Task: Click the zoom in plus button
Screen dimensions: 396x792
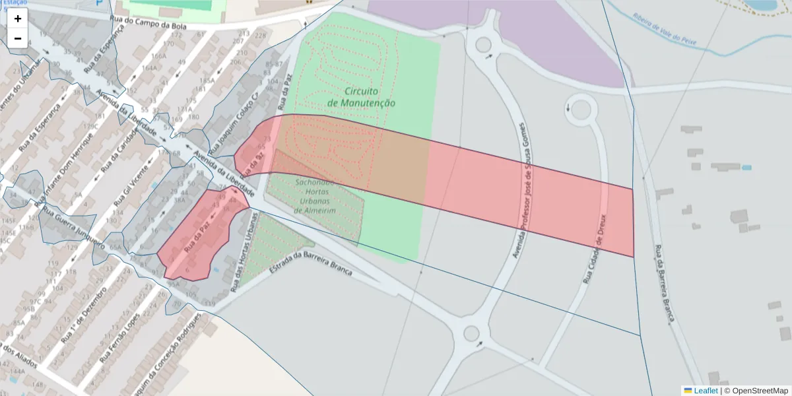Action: point(18,18)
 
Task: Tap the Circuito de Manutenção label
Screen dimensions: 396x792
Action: point(361,97)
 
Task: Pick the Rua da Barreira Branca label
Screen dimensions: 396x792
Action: point(664,284)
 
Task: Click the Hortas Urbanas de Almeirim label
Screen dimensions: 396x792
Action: point(315,196)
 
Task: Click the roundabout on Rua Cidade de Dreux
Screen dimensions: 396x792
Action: point(580,109)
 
